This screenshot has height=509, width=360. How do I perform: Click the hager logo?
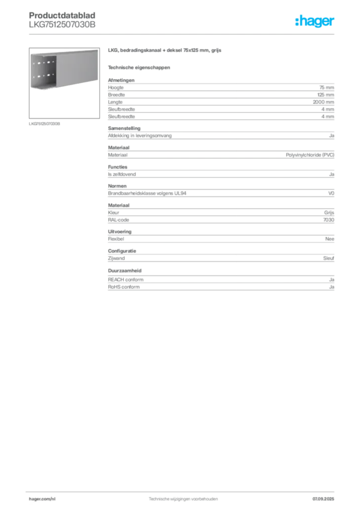315,21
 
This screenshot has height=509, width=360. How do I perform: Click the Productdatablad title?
62,15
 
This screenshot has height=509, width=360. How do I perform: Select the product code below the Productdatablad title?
62,24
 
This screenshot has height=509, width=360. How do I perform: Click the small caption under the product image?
44,124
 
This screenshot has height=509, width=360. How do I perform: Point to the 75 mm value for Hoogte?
327,87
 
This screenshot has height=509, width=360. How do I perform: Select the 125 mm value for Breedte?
326,95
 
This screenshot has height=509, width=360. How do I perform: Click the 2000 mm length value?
323,102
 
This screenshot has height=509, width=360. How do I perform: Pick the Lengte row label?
115,102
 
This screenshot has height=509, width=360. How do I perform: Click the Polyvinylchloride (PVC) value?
310,155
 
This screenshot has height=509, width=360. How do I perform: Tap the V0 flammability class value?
331,193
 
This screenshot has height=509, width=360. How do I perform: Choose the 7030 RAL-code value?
329,220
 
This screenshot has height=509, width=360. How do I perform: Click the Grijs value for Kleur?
329,213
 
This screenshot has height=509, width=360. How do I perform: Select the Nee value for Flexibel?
330,239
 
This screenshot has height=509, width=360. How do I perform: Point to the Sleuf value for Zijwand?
329,258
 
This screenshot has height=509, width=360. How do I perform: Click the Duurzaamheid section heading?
125,270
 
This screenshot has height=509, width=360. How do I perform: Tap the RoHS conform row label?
124,287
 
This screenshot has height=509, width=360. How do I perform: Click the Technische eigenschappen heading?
139,68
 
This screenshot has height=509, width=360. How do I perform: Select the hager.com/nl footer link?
42,499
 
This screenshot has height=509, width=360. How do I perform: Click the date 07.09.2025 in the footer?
323,499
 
